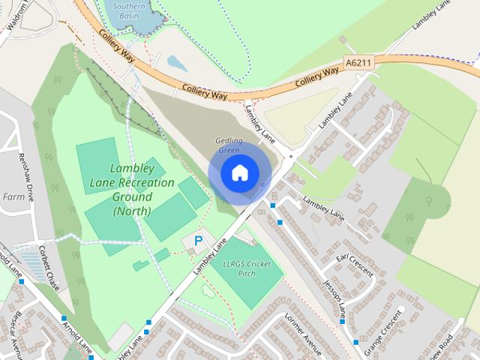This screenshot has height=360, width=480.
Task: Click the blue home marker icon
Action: pyautogui.click(x=238, y=172)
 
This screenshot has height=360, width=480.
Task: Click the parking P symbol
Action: pyautogui.click(x=198, y=241)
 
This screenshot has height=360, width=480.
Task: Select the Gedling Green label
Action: pyautogui.click(x=228, y=145)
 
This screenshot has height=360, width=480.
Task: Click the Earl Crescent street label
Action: pyautogui.click(x=354, y=265)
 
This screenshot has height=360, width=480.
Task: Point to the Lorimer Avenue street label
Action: pyautogui.click(x=302, y=334)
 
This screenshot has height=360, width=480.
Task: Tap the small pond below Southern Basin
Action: pyautogui.click(x=177, y=62)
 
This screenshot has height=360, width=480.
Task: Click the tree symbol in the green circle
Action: pyautogui.click(x=429, y=201)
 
